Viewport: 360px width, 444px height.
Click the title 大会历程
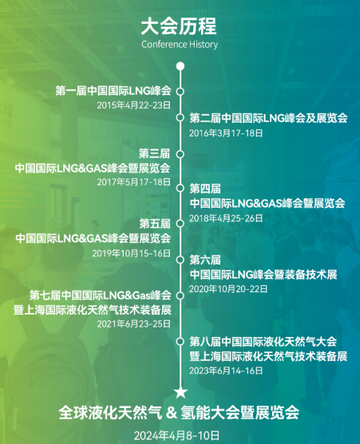[179, 26]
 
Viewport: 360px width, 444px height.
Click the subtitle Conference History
[180, 45]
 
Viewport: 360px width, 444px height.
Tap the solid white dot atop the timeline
[180, 66]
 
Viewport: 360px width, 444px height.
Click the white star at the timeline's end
[180, 392]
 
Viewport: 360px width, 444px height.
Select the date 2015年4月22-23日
[134, 105]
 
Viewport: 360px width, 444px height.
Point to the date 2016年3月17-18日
[226, 133]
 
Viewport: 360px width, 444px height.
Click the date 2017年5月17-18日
[134, 182]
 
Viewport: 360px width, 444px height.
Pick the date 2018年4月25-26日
[226, 218]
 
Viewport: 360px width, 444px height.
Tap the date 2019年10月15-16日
[132, 253]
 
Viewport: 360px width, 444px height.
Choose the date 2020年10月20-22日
[228, 289]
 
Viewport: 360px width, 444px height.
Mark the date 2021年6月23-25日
[134, 324]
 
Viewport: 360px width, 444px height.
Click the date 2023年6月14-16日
[226, 371]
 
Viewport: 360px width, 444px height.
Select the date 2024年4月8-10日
[177, 435]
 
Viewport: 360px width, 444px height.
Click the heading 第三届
[155, 154]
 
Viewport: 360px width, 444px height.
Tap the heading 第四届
[205, 188]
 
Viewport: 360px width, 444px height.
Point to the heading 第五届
[155, 224]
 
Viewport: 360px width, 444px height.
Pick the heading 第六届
[205, 260]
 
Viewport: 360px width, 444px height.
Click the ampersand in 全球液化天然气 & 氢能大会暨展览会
[172, 413]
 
